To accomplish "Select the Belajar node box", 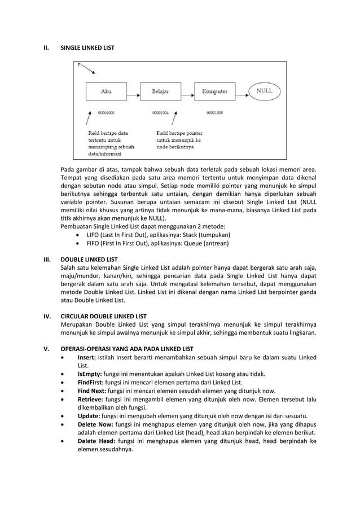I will coord(161,91).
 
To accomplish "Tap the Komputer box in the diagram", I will coord(214,91).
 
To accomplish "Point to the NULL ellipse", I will coord(265,91).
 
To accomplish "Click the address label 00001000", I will coord(106,113).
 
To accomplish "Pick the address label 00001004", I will coord(161,113).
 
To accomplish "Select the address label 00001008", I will coord(214,113).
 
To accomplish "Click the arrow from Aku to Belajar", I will coord(134,91).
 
